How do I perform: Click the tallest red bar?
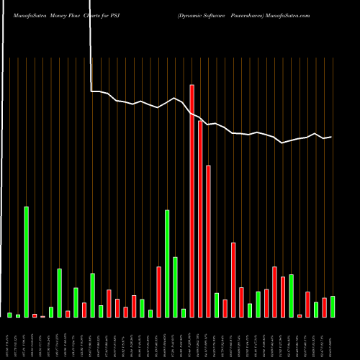click(x=192, y=201)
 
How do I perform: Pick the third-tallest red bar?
click(x=208, y=241)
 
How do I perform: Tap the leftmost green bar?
click(x=10, y=315)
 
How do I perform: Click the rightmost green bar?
click(x=333, y=306)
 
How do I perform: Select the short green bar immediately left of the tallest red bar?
click(x=184, y=312)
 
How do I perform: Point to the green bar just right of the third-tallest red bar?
click(x=217, y=305)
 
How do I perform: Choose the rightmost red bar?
click(x=325, y=307)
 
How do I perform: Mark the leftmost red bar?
click(x=35, y=315)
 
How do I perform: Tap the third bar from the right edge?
click(x=316, y=309)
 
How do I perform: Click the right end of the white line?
click(x=331, y=137)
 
